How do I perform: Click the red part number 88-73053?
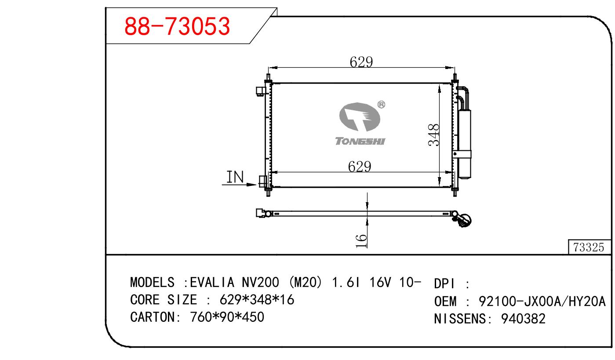point(177,26)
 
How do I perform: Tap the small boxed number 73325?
point(589,247)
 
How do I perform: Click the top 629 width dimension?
point(361,62)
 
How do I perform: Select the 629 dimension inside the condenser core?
point(360,167)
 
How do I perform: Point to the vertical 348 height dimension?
point(434,135)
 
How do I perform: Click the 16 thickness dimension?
point(361,241)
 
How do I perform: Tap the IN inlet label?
point(235,177)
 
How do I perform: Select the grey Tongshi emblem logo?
point(360,117)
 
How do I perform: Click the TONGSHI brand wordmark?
point(360,141)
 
